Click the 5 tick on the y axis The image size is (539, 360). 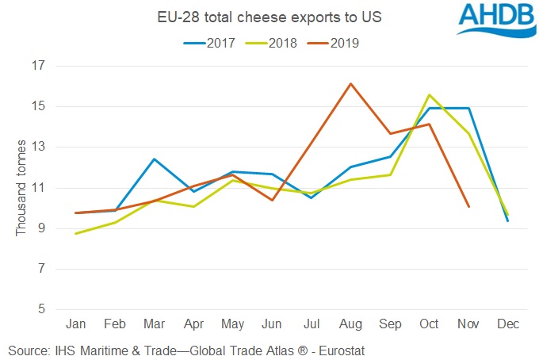(x=40, y=309)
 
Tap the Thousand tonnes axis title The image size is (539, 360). (x=21, y=188)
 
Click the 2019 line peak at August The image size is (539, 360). (x=350, y=83)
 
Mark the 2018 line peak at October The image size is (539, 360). (x=429, y=95)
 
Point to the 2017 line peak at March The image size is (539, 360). (x=154, y=159)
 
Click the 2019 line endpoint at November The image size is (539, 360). (x=468, y=206)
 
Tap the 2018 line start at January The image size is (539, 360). (x=75, y=233)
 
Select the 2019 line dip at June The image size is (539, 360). (x=272, y=200)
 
